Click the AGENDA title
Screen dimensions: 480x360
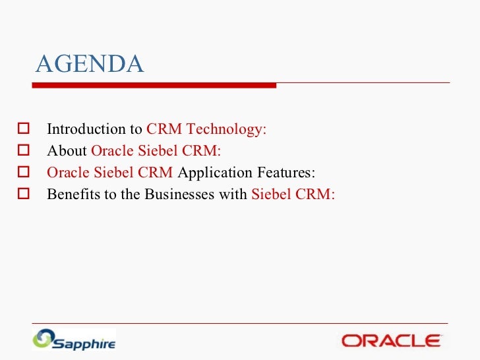[90, 64]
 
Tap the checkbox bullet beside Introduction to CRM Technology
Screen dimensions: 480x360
[24, 129]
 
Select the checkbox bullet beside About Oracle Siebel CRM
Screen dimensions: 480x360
[24, 150]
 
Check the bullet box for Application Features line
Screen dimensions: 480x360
[24, 171]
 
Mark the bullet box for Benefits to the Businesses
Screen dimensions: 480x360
[24, 193]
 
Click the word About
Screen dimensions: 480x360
[67, 150]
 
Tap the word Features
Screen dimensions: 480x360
[286, 172]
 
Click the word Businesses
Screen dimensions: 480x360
[179, 194]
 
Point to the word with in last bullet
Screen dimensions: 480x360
[233, 194]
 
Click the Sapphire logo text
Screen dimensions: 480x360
[84, 344]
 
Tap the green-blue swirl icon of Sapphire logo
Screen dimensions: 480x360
[44, 339]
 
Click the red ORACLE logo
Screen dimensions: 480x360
[391, 341]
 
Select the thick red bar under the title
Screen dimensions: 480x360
[154, 86]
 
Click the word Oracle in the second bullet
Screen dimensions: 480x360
[112, 150]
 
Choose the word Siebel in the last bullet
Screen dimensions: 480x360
[271, 194]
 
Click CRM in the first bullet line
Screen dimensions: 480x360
[164, 129]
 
